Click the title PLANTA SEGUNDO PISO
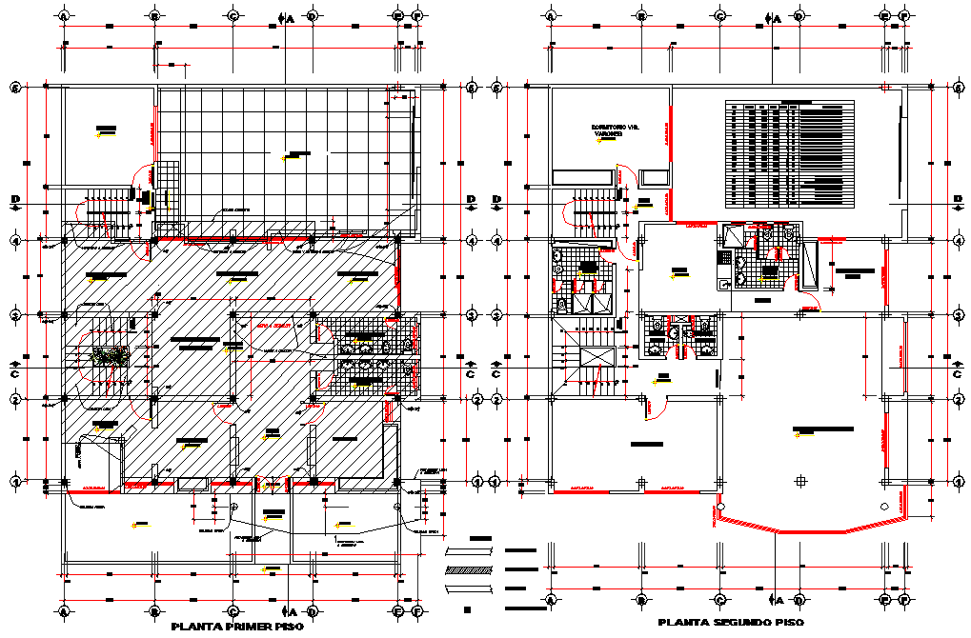coord(730,622)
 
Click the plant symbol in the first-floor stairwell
coord(108,355)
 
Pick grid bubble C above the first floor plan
coord(233,16)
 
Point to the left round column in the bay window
coord(723,506)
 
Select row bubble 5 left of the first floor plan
coord(15,88)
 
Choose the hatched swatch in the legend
coord(469,570)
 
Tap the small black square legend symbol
coord(468,608)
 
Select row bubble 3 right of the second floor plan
coord(958,313)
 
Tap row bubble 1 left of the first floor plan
coord(15,483)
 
